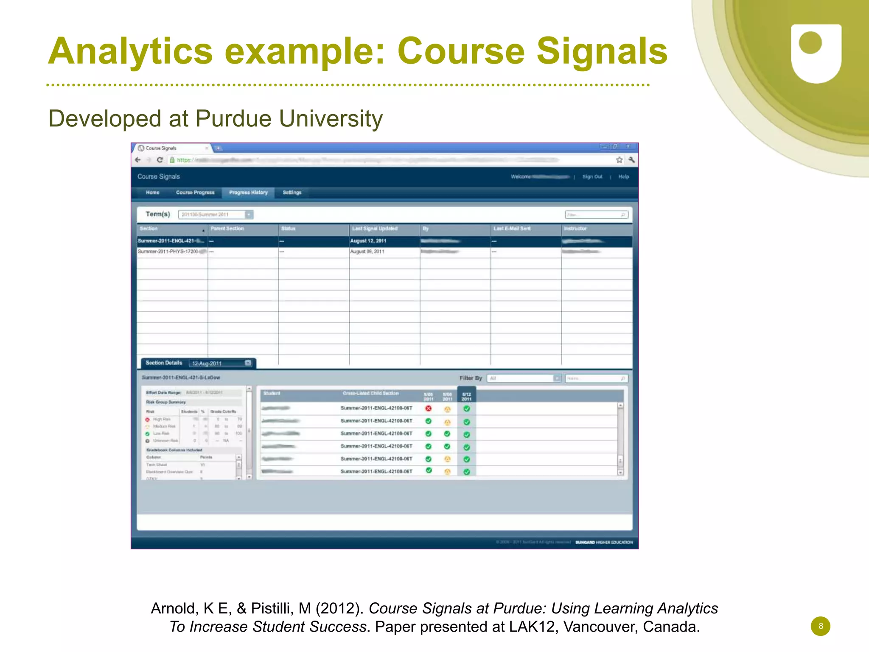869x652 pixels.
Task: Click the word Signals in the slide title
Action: (x=602, y=52)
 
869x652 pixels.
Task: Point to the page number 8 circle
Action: (x=820, y=626)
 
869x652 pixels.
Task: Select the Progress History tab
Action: (x=248, y=193)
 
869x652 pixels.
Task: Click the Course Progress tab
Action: (x=195, y=193)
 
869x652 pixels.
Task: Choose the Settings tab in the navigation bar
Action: (x=292, y=193)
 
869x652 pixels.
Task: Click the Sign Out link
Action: (x=592, y=177)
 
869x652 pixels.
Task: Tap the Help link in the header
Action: (x=623, y=177)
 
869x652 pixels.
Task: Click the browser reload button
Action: (x=160, y=160)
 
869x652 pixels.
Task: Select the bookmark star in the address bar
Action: (x=619, y=160)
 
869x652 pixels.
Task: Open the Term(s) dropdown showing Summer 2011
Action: (x=216, y=215)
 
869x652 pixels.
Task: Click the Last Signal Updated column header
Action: (x=375, y=229)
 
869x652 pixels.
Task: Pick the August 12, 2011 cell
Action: (x=368, y=241)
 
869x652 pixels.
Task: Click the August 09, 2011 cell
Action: (x=367, y=252)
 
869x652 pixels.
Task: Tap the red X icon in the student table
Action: (x=429, y=409)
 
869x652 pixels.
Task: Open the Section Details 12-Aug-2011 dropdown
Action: (x=221, y=364)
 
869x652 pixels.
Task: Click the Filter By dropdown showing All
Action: (x=524, y=378)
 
